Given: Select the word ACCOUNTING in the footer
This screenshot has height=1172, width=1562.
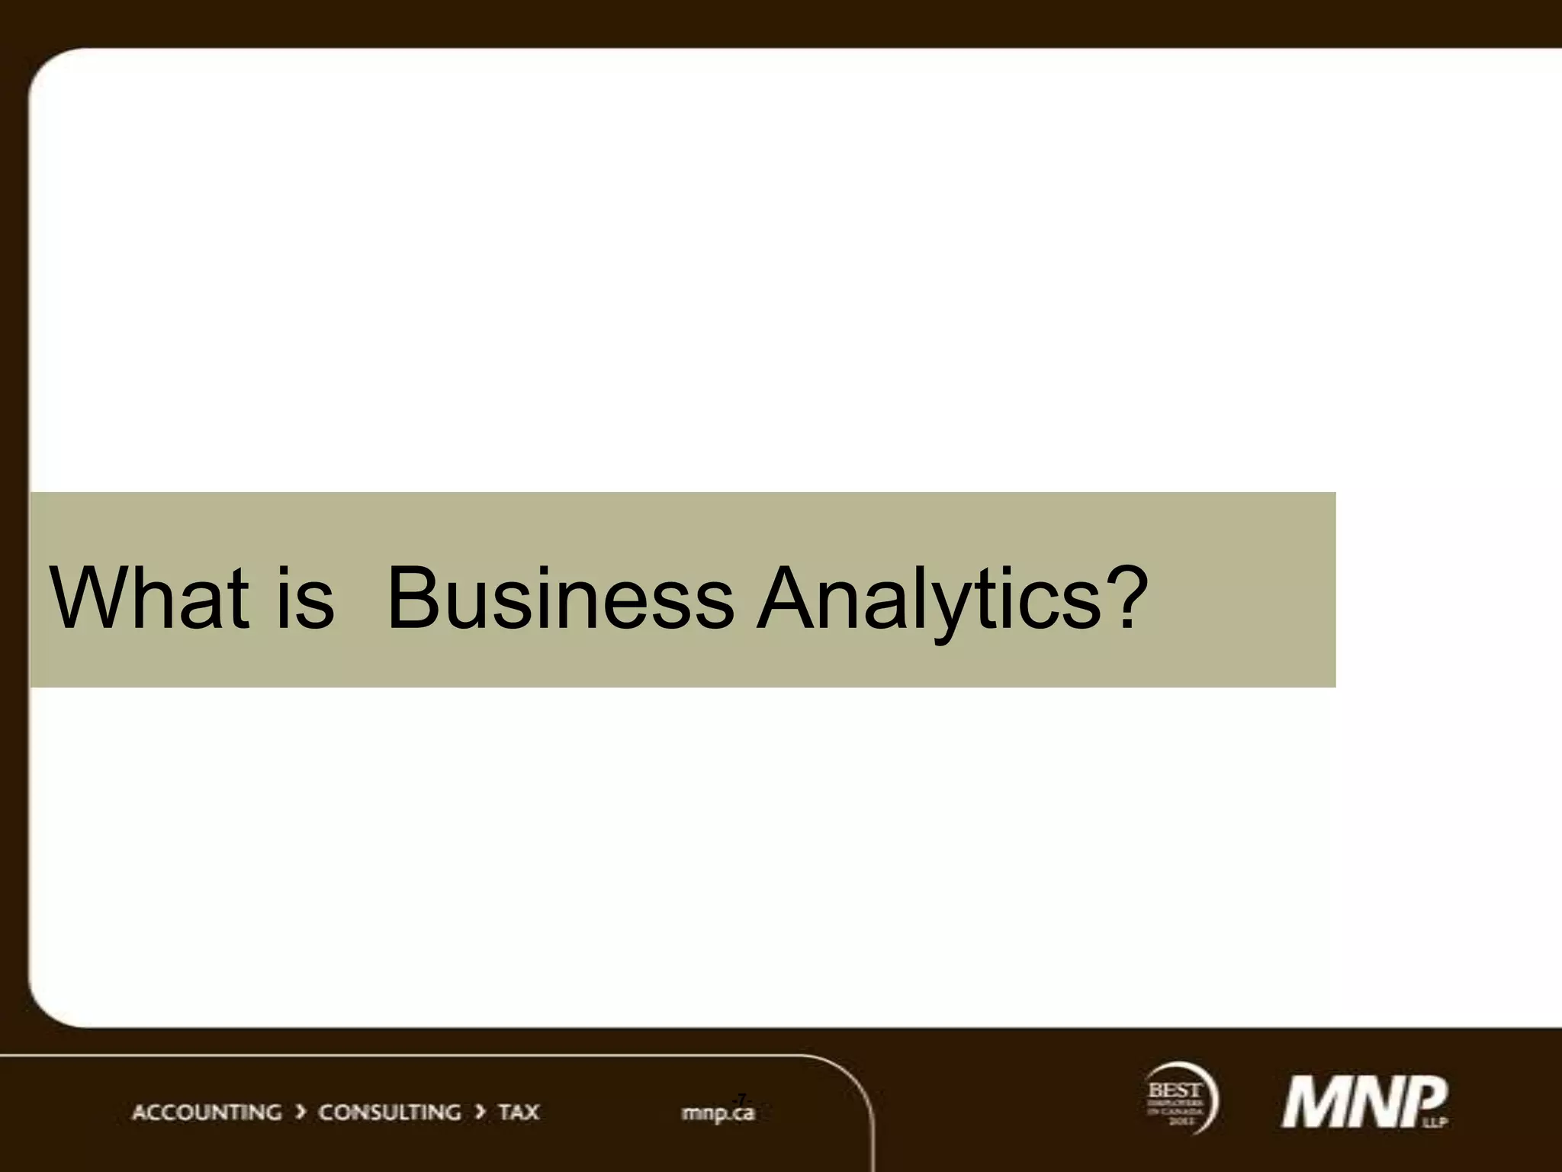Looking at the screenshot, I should [207, 1112].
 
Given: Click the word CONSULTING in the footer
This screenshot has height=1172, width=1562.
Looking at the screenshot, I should [389, 1112].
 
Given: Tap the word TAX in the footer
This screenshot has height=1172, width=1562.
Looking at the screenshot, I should [519, 1112].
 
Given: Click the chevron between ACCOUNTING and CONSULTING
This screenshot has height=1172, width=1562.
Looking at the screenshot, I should [301, 1112].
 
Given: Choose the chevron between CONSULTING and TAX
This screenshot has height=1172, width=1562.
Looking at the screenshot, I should [480, 1112].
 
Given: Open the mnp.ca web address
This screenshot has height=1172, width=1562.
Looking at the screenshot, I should [718, 1113].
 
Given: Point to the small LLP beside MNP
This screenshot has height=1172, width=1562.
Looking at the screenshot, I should [1439, 1122].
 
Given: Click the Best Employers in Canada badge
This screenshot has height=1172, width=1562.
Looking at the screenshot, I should [1179, 1099].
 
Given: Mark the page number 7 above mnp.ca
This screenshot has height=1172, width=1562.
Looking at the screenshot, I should [741, 1098].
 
